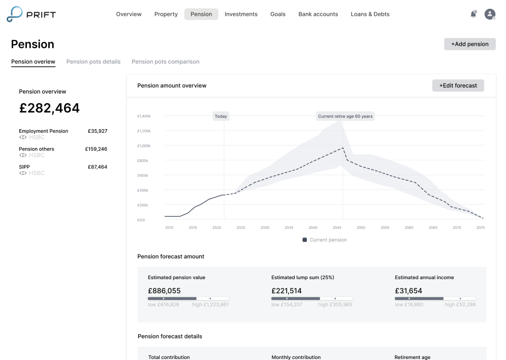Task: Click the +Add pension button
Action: (x=469, y=44)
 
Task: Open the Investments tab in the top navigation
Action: (x=241, y=14)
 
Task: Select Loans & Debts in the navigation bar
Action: (x=370, y=14)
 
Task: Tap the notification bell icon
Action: (x=473, y=14)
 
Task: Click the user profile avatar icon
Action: (x=490, y=14)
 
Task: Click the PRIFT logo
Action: (x=31, y=14)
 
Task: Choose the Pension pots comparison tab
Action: (x=165, y=62)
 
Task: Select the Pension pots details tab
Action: (x=93, y=62)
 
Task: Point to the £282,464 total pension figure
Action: (x=49, y=108)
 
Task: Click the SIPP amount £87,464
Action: (x=97, y=167)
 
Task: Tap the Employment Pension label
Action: (x=43, y=131)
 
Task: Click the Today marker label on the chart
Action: (x=220, y=116)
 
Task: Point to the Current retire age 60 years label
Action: (x=345, y=116)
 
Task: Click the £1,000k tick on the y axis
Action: (x=144, y=146)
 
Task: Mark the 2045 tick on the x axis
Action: (x=337, y=228)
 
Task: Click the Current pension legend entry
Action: (x=325, y=240)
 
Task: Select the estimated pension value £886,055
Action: (x=164, y=291)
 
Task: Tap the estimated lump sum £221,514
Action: (x=287, y=291)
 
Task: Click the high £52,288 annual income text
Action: (x=460, y=305)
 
